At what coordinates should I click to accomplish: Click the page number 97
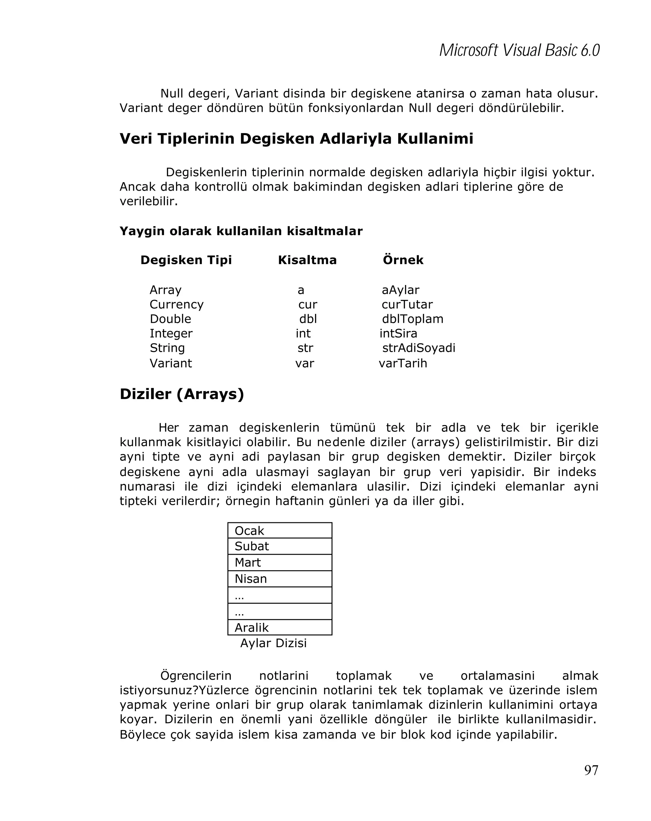click(x=591, y=770)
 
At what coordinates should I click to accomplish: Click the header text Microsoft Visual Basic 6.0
click(x=519, y=50)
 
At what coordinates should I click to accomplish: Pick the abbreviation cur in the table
click(x=307, y=304)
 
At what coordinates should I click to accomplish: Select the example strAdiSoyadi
click(x=418, y=348)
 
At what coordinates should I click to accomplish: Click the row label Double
click(x=170, y=319)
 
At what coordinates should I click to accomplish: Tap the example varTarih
click(x=403, y=363)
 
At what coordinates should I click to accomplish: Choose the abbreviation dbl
click(x=308, y=319)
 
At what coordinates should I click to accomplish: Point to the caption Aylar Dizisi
click(x=273, y=643)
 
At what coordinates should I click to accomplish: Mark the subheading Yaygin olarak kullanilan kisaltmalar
click(x=241, y=231)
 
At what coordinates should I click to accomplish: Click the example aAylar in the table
click(x=400, y=290)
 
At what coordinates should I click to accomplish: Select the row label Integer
click(x=171, y=333)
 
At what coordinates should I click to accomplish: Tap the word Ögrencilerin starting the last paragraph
click(x=196, y=675)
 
